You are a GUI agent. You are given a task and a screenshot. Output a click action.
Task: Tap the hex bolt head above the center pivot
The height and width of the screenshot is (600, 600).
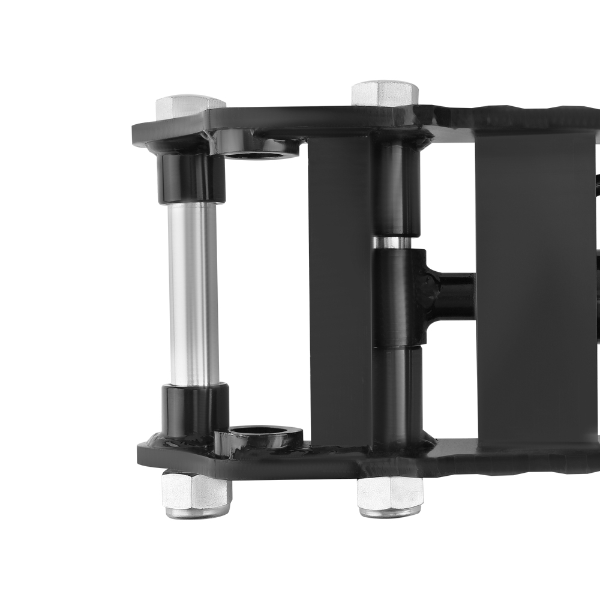[385, 93]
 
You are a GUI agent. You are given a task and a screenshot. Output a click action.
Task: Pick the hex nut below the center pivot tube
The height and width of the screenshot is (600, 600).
[390, 493]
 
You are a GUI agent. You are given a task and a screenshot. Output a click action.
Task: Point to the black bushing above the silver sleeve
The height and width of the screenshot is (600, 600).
[191, 178]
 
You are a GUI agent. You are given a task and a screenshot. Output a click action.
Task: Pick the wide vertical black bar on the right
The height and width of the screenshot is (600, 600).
[534, 288]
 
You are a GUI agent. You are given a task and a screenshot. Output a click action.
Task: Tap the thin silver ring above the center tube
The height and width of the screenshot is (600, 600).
[392, 242]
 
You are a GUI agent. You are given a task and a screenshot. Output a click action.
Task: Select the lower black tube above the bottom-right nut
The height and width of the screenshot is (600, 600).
[396, 393]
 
